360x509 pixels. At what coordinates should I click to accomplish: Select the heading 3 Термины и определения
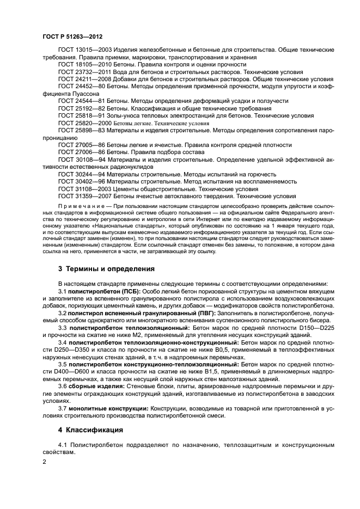(x=106, y=268)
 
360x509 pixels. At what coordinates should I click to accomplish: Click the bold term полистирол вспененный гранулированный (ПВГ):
(x=142, y=314)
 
